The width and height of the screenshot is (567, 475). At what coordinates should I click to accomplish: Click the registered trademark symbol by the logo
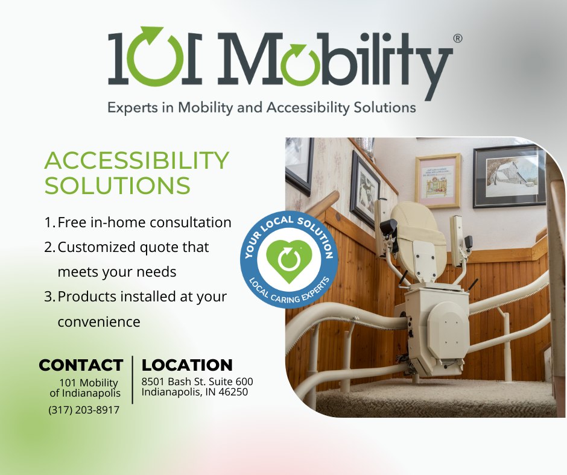tap(457, 39)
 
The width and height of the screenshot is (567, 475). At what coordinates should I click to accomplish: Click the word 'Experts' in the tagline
tap(133, 108)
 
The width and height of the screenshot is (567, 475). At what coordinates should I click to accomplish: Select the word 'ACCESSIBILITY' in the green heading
tap(137, 160)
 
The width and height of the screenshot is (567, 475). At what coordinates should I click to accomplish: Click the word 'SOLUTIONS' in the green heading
tap(117, 186)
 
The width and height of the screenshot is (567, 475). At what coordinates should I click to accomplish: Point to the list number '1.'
tap(49, 222)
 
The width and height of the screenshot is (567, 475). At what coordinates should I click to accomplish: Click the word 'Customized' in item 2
tap(96, 248)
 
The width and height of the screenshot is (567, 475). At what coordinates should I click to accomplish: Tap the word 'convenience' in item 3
tap(99, 322)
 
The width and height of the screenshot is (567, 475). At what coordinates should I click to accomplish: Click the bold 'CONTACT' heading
tap(81, 365)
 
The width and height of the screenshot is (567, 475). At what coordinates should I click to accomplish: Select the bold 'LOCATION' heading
tap(187, 365)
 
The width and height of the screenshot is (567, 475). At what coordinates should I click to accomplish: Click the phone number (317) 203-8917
tap(84, 410)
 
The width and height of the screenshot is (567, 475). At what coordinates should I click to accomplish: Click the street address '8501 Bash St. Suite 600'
tap(197, 382)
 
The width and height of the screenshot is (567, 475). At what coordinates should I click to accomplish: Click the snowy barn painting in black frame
tap(509, 176)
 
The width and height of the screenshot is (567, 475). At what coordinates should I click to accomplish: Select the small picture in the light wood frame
tap(438, 180)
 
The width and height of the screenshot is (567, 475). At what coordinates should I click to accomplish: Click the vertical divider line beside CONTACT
tap(133, 380)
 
